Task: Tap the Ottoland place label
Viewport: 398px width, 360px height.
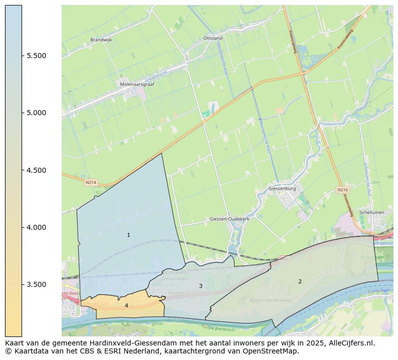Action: [x=213, y=38]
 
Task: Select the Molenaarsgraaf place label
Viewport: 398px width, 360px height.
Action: [x=136, y=85]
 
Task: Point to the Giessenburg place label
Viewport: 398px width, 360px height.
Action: [x=283, y=189]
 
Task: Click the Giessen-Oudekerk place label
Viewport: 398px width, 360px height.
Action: [x=230, y=219]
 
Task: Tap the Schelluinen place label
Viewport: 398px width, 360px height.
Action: [x=371, y=212]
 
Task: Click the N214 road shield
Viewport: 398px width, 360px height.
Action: [x=90, y=183]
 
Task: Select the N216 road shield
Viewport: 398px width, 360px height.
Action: [x=342, y=190]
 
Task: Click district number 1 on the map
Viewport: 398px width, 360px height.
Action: [x=128, y=235]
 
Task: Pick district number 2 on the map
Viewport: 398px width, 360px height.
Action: [x=300, y=281]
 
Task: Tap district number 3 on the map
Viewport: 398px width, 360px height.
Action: [x=201, y=286]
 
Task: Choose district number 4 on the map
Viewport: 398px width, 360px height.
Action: [x=126, y=305]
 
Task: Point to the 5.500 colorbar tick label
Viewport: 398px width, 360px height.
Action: [x=36, y=56]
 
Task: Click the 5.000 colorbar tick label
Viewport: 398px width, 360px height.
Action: [x=36, y=113]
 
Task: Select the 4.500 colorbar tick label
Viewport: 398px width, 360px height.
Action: [x=36, y=170]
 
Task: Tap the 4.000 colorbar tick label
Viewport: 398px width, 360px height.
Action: [x=36, y=227]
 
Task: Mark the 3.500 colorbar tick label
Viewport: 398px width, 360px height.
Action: [x=36, y=284]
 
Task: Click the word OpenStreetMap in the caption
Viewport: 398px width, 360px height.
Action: [x=272, y=351]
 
